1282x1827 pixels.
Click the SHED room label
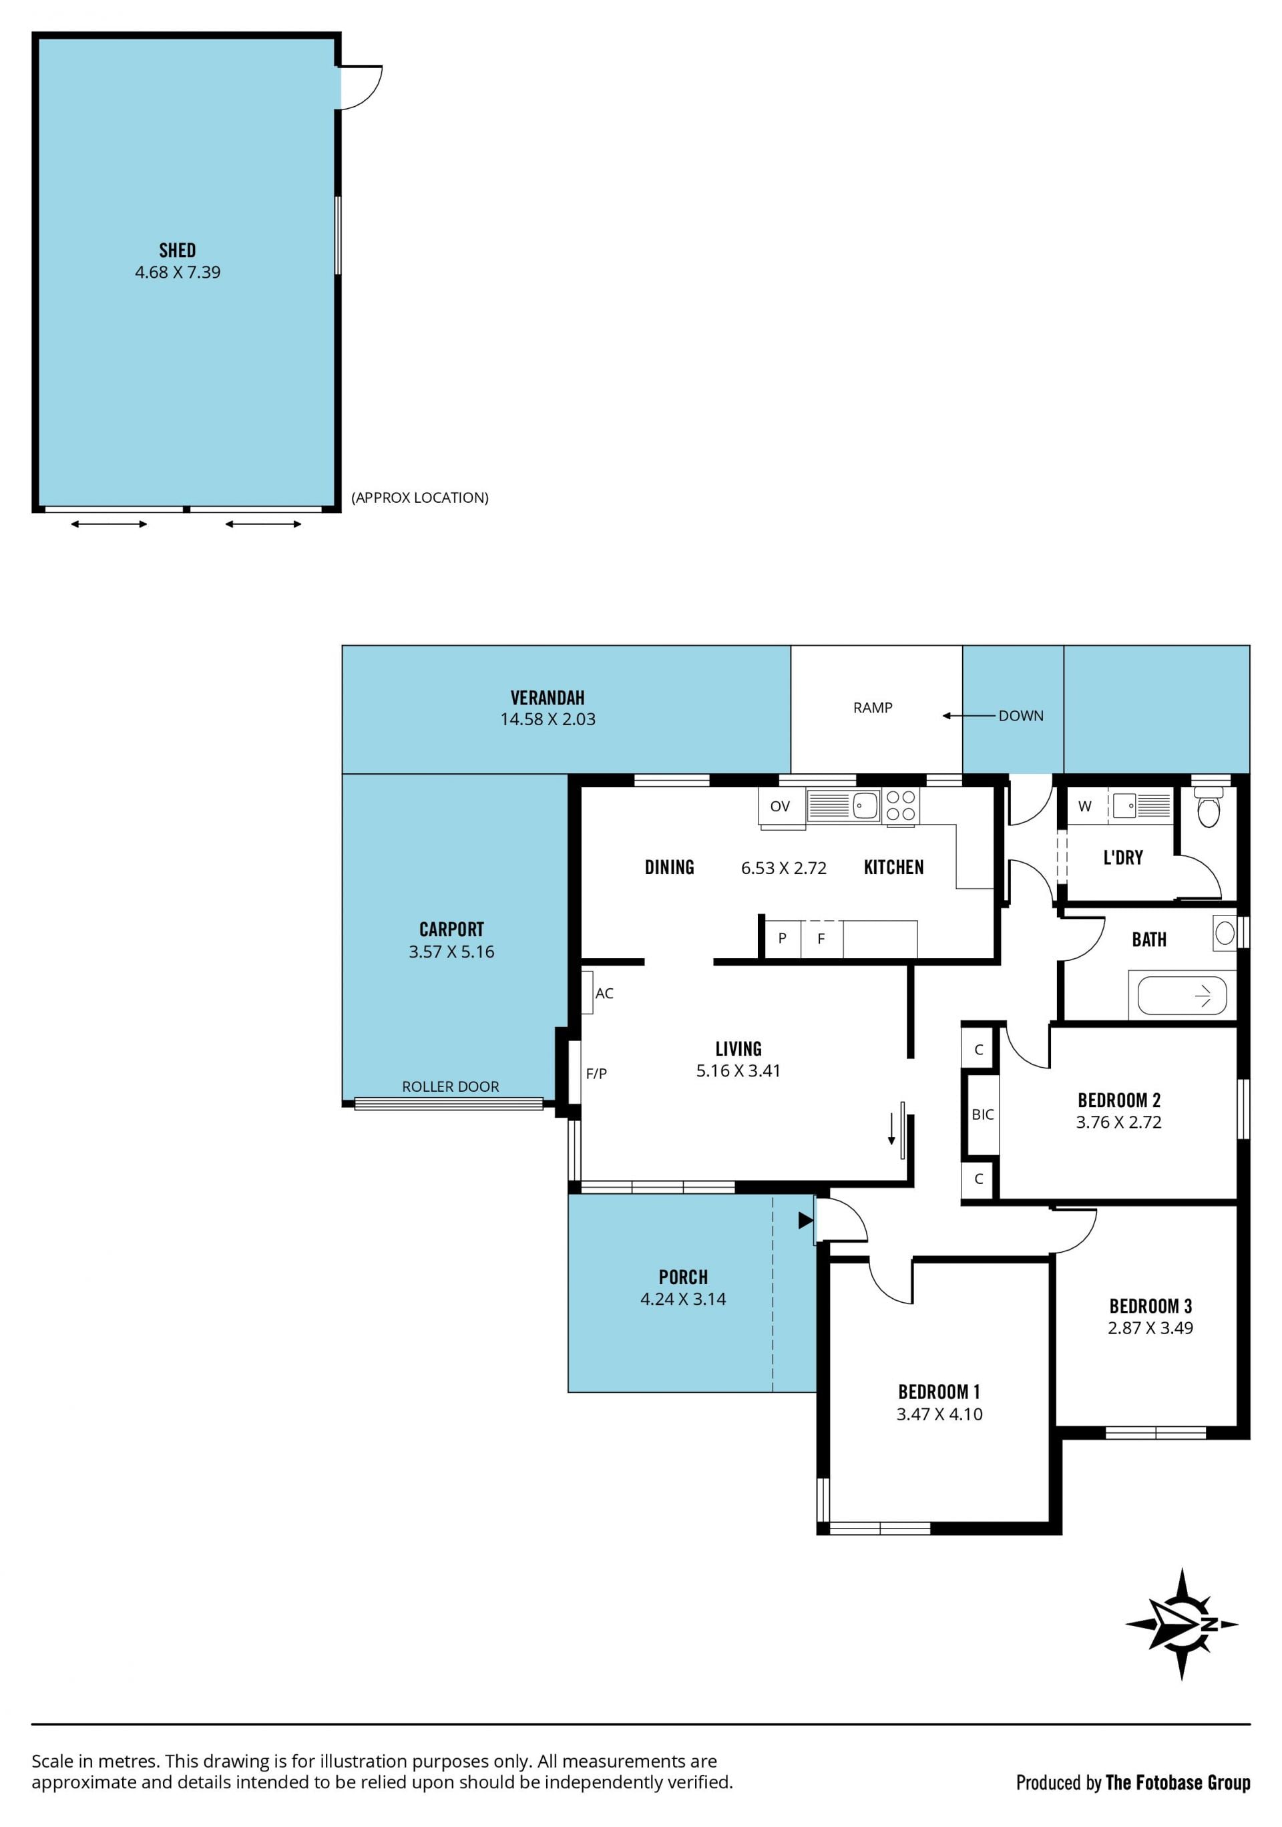tap(177, 250)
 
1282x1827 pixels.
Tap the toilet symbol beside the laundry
tap(1208, 808)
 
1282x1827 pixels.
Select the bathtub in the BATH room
tap(1182, 996)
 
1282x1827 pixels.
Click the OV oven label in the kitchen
tap(780, 806)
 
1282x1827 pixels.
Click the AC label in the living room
tap(604, 993)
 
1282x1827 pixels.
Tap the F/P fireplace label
tap(596, 1074)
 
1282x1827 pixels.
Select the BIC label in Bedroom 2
tap(983, 1114)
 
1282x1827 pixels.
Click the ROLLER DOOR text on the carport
tap(451, 1086)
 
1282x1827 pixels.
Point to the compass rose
tap(1182, 1624)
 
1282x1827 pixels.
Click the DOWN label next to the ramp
tap(1021, 715)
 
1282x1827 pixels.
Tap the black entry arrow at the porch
tap(805, 1220)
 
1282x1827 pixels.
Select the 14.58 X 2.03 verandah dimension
tap(548, 719)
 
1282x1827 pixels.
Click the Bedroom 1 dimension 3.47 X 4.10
tap(939, 1414)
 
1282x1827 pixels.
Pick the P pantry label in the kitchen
tap(783, 938)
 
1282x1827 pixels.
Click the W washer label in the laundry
tap(1084, 806)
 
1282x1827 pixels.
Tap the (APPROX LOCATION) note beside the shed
tap(420, 497)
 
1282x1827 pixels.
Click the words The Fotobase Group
tap(1178, 1782)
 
